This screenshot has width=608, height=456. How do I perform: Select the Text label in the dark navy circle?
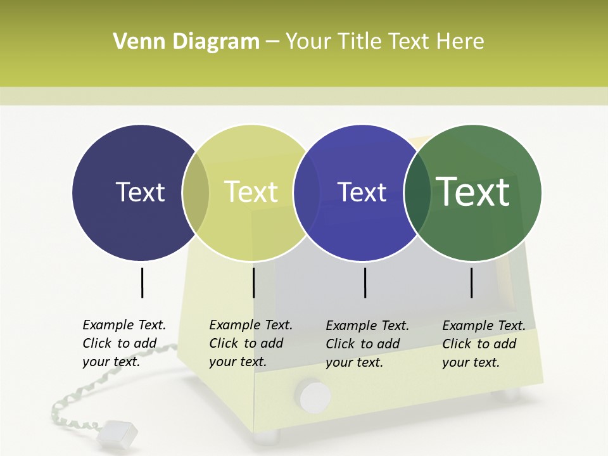click(140, 192)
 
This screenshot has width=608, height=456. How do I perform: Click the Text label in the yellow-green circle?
click(251, 192)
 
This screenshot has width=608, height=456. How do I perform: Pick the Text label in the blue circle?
click(362, 192)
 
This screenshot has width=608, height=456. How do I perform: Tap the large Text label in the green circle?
click(472, 192)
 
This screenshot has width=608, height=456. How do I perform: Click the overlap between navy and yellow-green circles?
click(196, 193)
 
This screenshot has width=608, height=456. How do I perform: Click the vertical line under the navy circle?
click(142, 282)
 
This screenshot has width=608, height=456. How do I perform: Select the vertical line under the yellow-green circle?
click(253, 282)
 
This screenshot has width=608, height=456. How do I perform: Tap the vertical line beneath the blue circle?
click(365, 282)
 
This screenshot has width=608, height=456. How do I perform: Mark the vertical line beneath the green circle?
click(471, 282)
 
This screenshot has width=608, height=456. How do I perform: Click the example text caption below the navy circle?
click(124, 343)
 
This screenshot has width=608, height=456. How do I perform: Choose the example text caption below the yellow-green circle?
click(251, 343)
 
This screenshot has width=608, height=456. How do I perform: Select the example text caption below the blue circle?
click(367, 344)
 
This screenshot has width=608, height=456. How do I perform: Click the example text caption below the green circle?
click(484, 344)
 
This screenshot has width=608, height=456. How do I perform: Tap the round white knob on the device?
click(315, 396)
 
